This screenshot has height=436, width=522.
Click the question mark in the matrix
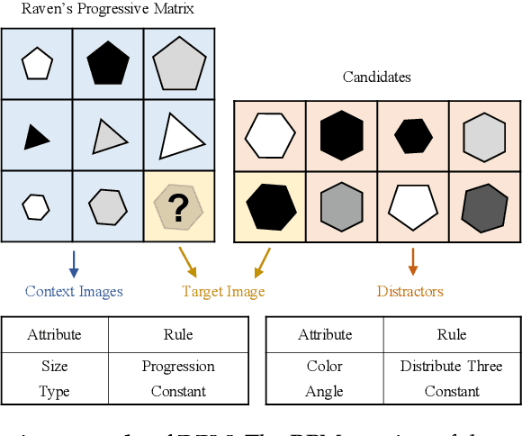coord(179,208)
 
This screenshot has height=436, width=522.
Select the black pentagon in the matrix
coord(107,63)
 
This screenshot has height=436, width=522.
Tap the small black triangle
coord(36,136)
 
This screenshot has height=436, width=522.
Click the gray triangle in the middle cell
coord(108,137)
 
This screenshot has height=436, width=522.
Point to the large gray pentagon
coord(179,64)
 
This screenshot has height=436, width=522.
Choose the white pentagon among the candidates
coord(412,206)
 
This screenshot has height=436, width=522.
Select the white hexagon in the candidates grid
coord(270,135)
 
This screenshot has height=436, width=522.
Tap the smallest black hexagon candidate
coord(413,135)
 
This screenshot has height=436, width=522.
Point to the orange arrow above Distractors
coord(412,261)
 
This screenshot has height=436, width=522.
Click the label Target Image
coord(223,291)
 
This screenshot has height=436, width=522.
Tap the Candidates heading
coord(376,77)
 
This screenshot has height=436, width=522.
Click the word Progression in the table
coord(178,367)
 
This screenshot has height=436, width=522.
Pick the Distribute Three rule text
coord(452,367)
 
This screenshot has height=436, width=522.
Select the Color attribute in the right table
coord(325,367)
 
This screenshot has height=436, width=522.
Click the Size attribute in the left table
coord(55,367)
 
